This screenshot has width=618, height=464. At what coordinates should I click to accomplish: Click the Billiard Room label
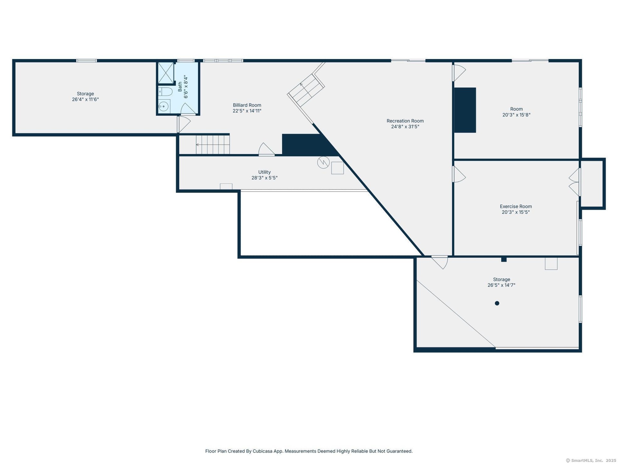(247, 105)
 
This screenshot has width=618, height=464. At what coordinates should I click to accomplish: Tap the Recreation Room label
(405, 121)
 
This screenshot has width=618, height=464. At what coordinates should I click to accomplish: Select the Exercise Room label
(516, 206)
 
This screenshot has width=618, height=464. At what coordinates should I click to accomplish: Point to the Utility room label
(264, 172)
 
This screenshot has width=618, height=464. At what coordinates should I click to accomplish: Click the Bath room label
(180, 86)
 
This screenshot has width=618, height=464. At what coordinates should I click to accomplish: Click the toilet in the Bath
(165, 92)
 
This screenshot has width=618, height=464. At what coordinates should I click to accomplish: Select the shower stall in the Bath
(166, 73)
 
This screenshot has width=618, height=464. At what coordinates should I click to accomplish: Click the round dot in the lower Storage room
(497, 303)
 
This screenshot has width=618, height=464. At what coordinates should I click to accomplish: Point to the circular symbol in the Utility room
(323, 162)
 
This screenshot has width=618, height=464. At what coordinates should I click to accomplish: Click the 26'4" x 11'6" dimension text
(85, 100)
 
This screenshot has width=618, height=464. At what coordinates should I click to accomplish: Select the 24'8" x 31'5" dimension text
(405, 127)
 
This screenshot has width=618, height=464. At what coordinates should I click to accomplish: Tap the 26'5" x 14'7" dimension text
(501, 285)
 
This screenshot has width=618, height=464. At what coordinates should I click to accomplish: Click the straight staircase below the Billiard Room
(213, 145)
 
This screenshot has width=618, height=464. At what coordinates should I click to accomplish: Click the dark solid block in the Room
(465, 110)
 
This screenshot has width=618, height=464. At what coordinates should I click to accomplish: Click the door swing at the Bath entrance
(188, 109)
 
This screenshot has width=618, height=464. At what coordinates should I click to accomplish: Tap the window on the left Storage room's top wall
(87, 61)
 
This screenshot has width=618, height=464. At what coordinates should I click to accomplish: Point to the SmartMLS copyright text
(591, 460)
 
